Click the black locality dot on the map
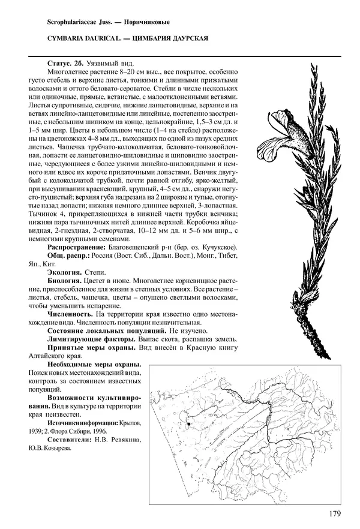pos(188,423)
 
